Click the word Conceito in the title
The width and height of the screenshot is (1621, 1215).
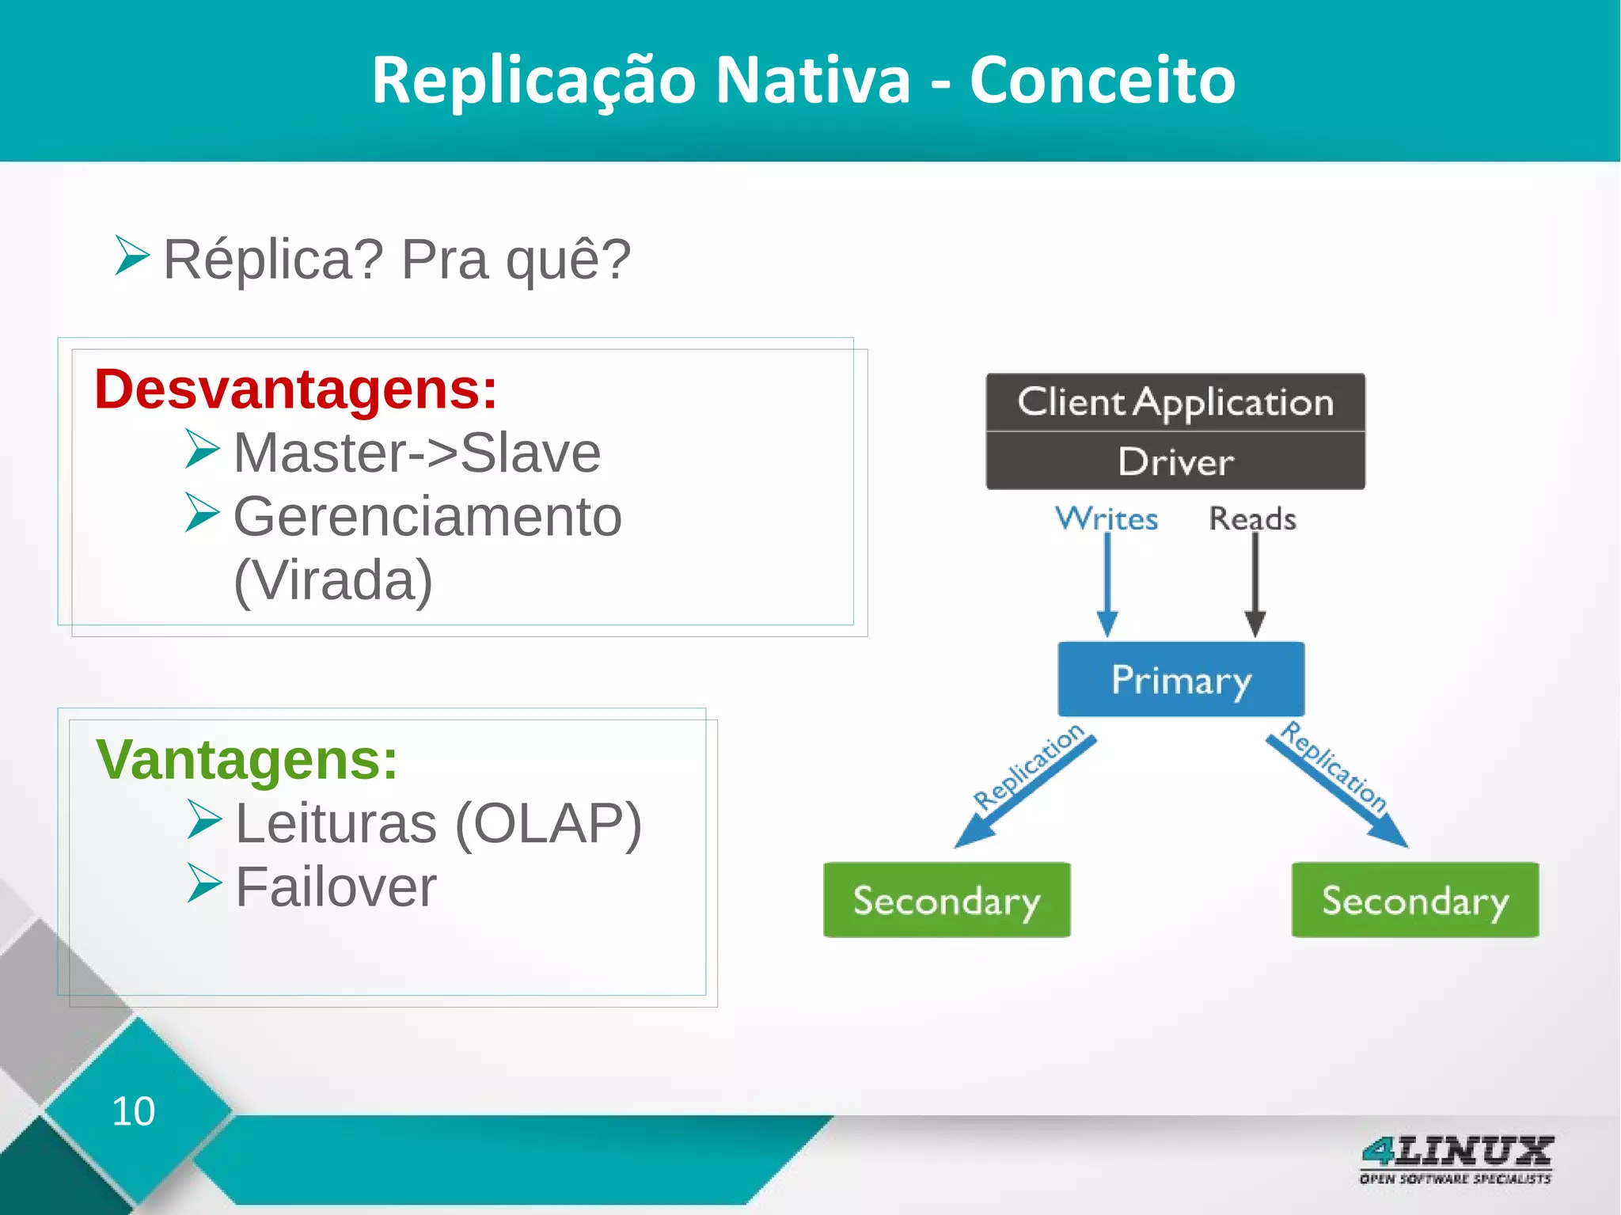(1102, 80)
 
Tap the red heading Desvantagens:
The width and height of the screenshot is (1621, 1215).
(295, 389)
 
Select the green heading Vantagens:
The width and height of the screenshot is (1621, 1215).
(246, 760)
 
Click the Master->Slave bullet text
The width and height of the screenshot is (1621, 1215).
(416, 453)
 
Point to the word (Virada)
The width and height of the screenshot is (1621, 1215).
(333, 580)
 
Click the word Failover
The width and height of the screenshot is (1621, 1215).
(336, 887)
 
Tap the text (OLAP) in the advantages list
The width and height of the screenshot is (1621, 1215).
(549, 823)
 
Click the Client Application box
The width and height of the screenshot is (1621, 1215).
(1175, 402)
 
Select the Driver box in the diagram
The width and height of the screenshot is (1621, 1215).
(1175, 461)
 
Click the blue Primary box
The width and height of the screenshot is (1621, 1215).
(1181, 679)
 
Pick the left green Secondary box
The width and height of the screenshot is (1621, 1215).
(947, 900)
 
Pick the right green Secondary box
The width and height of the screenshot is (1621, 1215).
(1415, 900)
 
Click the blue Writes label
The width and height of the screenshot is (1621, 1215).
(1107, 518)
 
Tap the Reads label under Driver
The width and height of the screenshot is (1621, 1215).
(1252, 518)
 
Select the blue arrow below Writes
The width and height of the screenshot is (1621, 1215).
(1107, 586)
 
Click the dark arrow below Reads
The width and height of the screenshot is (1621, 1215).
(1255, 586)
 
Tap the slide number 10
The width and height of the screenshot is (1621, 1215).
(133, 1111)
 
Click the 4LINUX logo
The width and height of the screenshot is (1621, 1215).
(1456, 1159)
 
